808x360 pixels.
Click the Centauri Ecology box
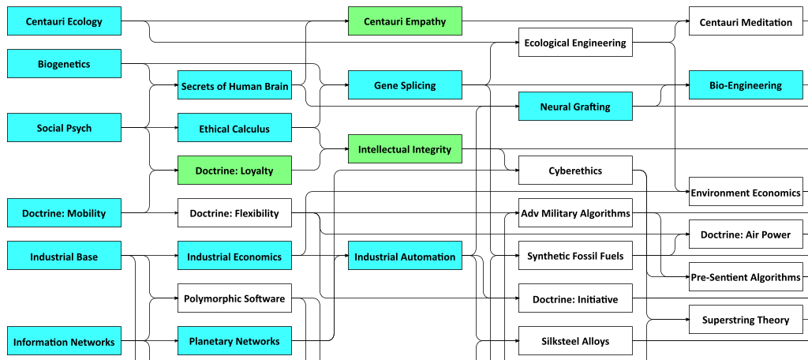64,21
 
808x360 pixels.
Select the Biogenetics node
64,64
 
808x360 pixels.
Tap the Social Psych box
64,128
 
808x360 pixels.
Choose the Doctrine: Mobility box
64,213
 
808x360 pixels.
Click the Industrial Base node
64,256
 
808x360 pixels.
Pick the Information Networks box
64,341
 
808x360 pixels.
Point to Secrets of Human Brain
234,85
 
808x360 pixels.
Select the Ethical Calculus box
234,128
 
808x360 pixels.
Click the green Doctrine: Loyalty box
234,171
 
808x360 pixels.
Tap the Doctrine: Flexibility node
234,213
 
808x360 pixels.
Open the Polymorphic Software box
234,298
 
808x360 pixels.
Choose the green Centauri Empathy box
405,21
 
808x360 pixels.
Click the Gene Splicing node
405,85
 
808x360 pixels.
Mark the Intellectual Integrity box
405,149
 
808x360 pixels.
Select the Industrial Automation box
405,256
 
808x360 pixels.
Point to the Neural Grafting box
575,107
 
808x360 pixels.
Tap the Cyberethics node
575,171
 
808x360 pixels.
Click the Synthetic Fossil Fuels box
575,256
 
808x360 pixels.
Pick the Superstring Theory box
746,320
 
